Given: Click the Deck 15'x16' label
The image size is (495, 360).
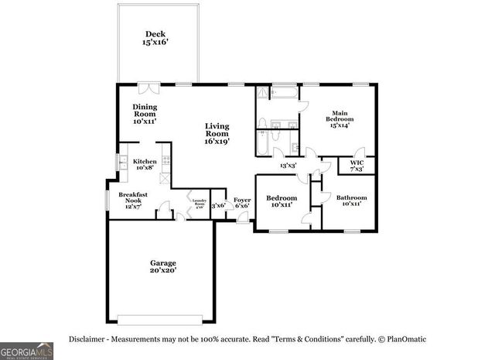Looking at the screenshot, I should tap(155, 38).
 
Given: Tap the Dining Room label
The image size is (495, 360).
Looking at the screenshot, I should tap(145, 114).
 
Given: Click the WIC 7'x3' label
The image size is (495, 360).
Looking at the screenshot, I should tap(357, 166).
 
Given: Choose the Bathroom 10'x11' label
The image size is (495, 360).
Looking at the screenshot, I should tap(351, 201).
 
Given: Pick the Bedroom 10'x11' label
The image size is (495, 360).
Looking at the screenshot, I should tap(282, 201).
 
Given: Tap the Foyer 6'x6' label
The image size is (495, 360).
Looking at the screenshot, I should tap(242, 202).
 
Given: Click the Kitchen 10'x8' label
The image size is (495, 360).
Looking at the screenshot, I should tap(145, 164).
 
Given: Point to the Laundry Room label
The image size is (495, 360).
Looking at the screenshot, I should tap(198, 204).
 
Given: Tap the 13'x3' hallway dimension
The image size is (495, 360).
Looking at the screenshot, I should tap(288, 165).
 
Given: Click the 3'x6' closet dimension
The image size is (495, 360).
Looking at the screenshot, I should tap(218, 205).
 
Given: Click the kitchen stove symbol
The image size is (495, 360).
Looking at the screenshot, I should tap(165, 163).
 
